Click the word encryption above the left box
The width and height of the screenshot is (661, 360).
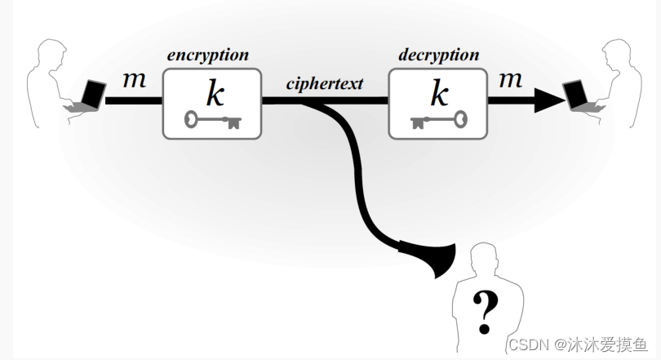coord(208,56)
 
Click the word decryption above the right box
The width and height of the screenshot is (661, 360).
coord(439,56)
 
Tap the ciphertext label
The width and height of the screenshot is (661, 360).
coord(325,83)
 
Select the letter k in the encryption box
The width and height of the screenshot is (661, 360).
coord(215,94)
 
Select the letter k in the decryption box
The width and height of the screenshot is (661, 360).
coord(440,94)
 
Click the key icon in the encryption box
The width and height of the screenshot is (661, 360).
coord(212,122)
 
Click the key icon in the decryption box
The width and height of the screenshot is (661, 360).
coord(438,122)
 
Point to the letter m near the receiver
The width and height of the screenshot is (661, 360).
coord(510,80)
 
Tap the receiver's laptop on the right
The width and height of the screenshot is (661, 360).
coord(580,96)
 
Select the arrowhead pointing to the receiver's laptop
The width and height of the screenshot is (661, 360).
coord(549,100)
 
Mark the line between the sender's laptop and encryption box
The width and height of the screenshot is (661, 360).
coord(134,100)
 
